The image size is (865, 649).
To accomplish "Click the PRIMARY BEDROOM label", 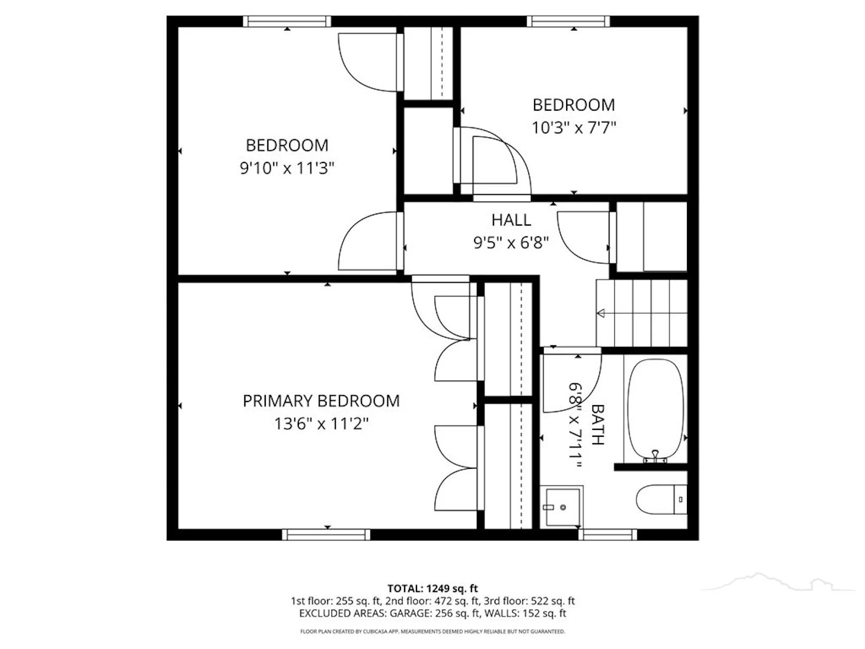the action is [321, 401].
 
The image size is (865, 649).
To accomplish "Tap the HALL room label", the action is [511, 220].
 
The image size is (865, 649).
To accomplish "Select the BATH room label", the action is [598, 425].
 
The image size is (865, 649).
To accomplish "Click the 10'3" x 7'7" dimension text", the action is [574, 128].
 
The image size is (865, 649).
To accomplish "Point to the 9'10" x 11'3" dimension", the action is [287, 168].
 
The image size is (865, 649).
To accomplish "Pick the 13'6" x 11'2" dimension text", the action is [321, 424].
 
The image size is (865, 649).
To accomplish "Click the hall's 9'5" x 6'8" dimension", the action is [511, 243].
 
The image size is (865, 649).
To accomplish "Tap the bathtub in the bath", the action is [655, 410].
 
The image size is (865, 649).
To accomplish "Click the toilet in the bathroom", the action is [661, 499].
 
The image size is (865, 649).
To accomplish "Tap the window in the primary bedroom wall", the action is [326, 535].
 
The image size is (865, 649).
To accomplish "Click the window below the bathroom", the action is [608, 535].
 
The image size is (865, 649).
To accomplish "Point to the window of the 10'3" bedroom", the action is [568, 21].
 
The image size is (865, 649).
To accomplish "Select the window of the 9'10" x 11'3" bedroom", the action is [287, 21].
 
